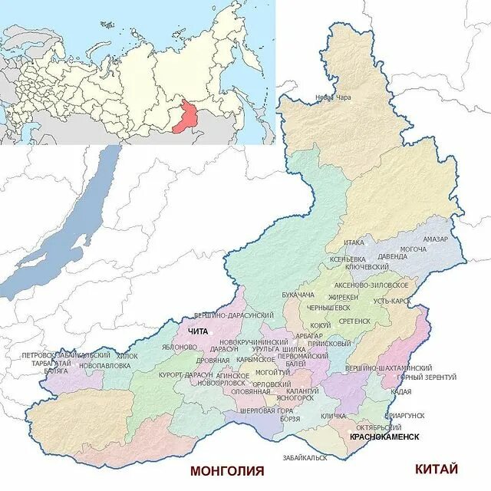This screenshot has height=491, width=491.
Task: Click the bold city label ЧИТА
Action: (198, 330)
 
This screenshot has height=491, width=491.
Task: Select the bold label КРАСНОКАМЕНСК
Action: (384, 437)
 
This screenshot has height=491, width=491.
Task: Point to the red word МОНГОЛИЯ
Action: (226, 470)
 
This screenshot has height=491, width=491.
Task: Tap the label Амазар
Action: (434, 239)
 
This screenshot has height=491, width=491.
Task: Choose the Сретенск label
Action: (354, 321)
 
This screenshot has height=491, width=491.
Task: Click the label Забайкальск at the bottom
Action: (305, 457)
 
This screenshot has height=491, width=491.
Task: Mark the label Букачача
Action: (298, 295)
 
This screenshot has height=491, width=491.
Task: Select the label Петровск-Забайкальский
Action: (67, 356)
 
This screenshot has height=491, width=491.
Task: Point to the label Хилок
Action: (128, 356)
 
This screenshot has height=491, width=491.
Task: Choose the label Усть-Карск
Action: (391, 302)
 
